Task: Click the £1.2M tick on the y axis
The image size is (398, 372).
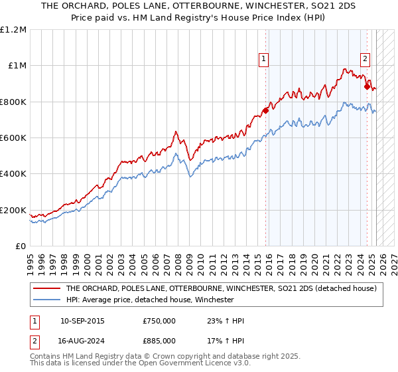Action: pos(14,30)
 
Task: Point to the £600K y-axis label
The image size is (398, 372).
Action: pos(13,138)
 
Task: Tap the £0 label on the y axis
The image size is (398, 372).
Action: pos(21,246)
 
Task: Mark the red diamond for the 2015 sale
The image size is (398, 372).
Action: pos(265,111)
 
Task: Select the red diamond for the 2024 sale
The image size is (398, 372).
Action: pos(367,86)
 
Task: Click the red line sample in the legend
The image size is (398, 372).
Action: pos(46,288)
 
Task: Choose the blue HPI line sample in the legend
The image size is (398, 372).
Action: pos(46,300)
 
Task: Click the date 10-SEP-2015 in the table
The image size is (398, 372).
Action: pos(82,322)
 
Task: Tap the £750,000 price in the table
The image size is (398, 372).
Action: pos(159,322)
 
